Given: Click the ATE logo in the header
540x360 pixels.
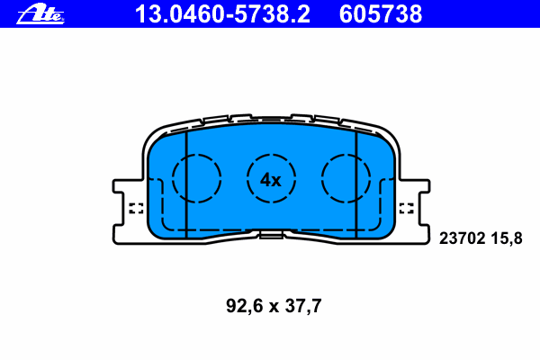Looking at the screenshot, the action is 40,14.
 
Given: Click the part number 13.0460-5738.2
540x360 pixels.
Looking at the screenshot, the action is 222,14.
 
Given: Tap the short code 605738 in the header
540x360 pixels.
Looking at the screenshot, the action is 381,14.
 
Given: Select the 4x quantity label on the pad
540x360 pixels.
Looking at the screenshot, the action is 270,180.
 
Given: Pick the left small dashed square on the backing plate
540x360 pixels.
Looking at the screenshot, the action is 136,208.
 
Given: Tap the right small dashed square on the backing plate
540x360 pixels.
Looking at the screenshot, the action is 407,208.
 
